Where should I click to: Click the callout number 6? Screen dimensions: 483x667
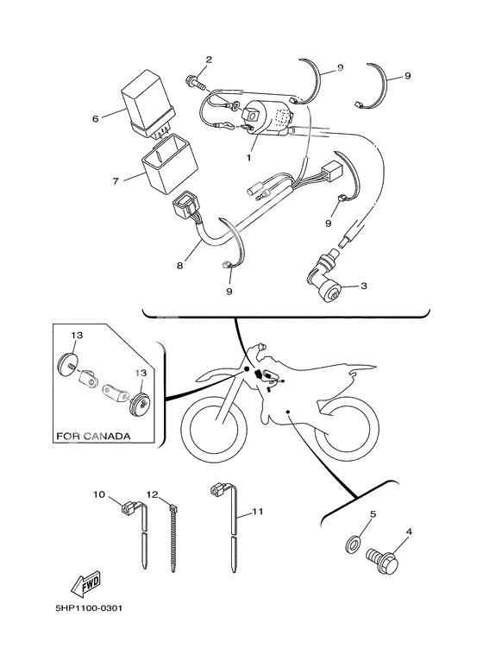[95, 119]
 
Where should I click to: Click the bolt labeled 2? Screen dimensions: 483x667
[196, 82]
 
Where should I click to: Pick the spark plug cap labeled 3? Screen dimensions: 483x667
[324, 282]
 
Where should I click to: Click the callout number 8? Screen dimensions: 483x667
[180, 266]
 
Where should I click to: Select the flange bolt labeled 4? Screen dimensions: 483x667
[383, 560]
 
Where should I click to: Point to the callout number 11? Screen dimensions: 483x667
[258, 511]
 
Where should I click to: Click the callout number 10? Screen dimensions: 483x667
[99, 494]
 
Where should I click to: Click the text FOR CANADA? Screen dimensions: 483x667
[93, 436]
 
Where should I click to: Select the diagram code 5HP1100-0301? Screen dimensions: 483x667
[89, 607]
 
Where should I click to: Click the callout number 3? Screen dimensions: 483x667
[363, 286]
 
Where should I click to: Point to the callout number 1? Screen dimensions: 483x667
[248, 157]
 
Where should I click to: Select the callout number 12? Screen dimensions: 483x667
[152, 494]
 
